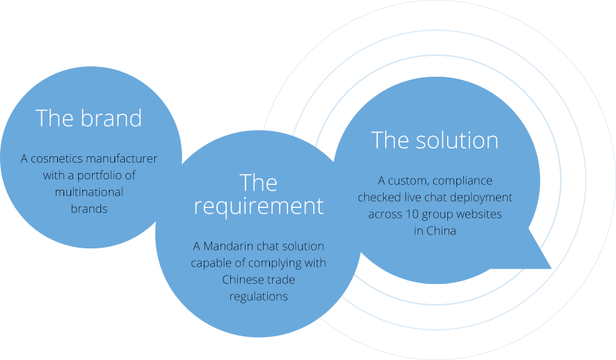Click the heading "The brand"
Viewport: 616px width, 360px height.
(x=89, y=118)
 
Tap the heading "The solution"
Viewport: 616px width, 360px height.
(x=435, y=140)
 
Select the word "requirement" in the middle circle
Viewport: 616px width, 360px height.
(x=259, y=207)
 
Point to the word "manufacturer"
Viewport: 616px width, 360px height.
(x=121, y=158)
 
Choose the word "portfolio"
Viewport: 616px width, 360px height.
(x=100, y=175)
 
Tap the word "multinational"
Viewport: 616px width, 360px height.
(x=89, y=192)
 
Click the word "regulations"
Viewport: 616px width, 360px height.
(x=259, y=297)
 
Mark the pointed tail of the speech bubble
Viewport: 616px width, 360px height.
(x=551, y=269)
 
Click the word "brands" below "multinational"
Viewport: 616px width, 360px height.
(x=89, y=209)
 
